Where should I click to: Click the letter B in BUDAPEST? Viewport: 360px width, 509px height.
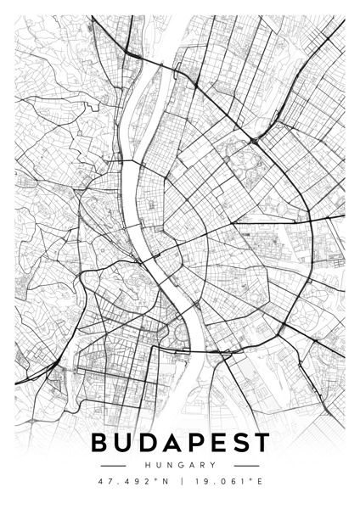pyautogui.click(x=100, y=443)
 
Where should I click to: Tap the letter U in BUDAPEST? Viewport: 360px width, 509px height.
pyautogui.click(x=124, y=443)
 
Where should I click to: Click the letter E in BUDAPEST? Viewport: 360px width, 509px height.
pyautogui.click(x=216, y=443)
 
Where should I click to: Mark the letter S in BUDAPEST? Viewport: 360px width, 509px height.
pyautogui.click(x=237, y=443)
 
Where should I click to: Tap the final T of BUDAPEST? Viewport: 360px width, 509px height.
pyautogui.click(x=259, y=443)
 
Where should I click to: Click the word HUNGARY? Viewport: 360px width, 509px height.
pyautogui.click(x=180, y=465)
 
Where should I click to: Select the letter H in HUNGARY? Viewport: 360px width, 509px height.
pyautogui.click(x=147, y=465)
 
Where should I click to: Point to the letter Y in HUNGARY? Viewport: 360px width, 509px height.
pyautogui.click(x=213, y=465)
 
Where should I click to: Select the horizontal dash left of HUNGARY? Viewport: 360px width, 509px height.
pyautogui.click(x=113, y=465)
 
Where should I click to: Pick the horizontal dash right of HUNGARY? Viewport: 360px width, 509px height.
pyautogui.click(x=246, y=465)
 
